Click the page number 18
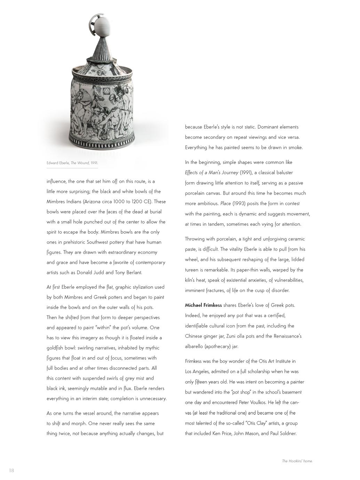pyautogui.click(x=11, y=471)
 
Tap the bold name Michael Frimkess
pyautogui.click(x=203, y=305)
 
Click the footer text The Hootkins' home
pyautogui.click(x=297, y=461)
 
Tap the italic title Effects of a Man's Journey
pyautogui.click(x=211, y=173)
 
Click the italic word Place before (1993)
pyautogui.click(x=225, y=203)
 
